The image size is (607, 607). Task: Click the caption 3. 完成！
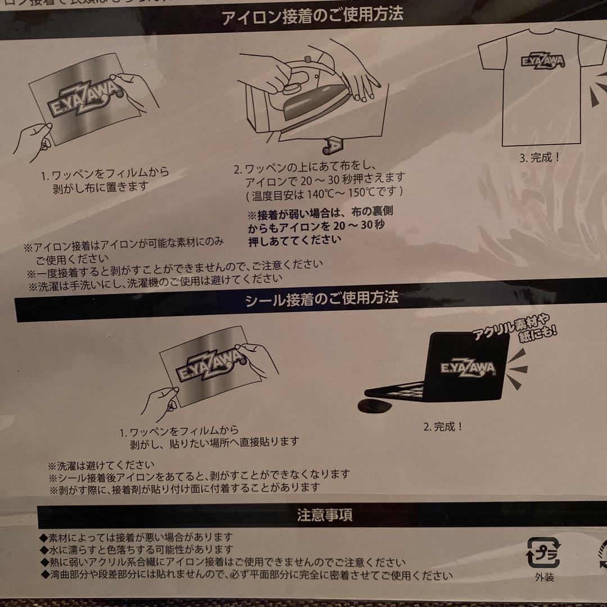pos(539,157)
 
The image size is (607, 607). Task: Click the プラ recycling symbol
pos(542,554)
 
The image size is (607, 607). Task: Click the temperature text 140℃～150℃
pos(347,191)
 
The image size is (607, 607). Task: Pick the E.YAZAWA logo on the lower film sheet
pos(211,365)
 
